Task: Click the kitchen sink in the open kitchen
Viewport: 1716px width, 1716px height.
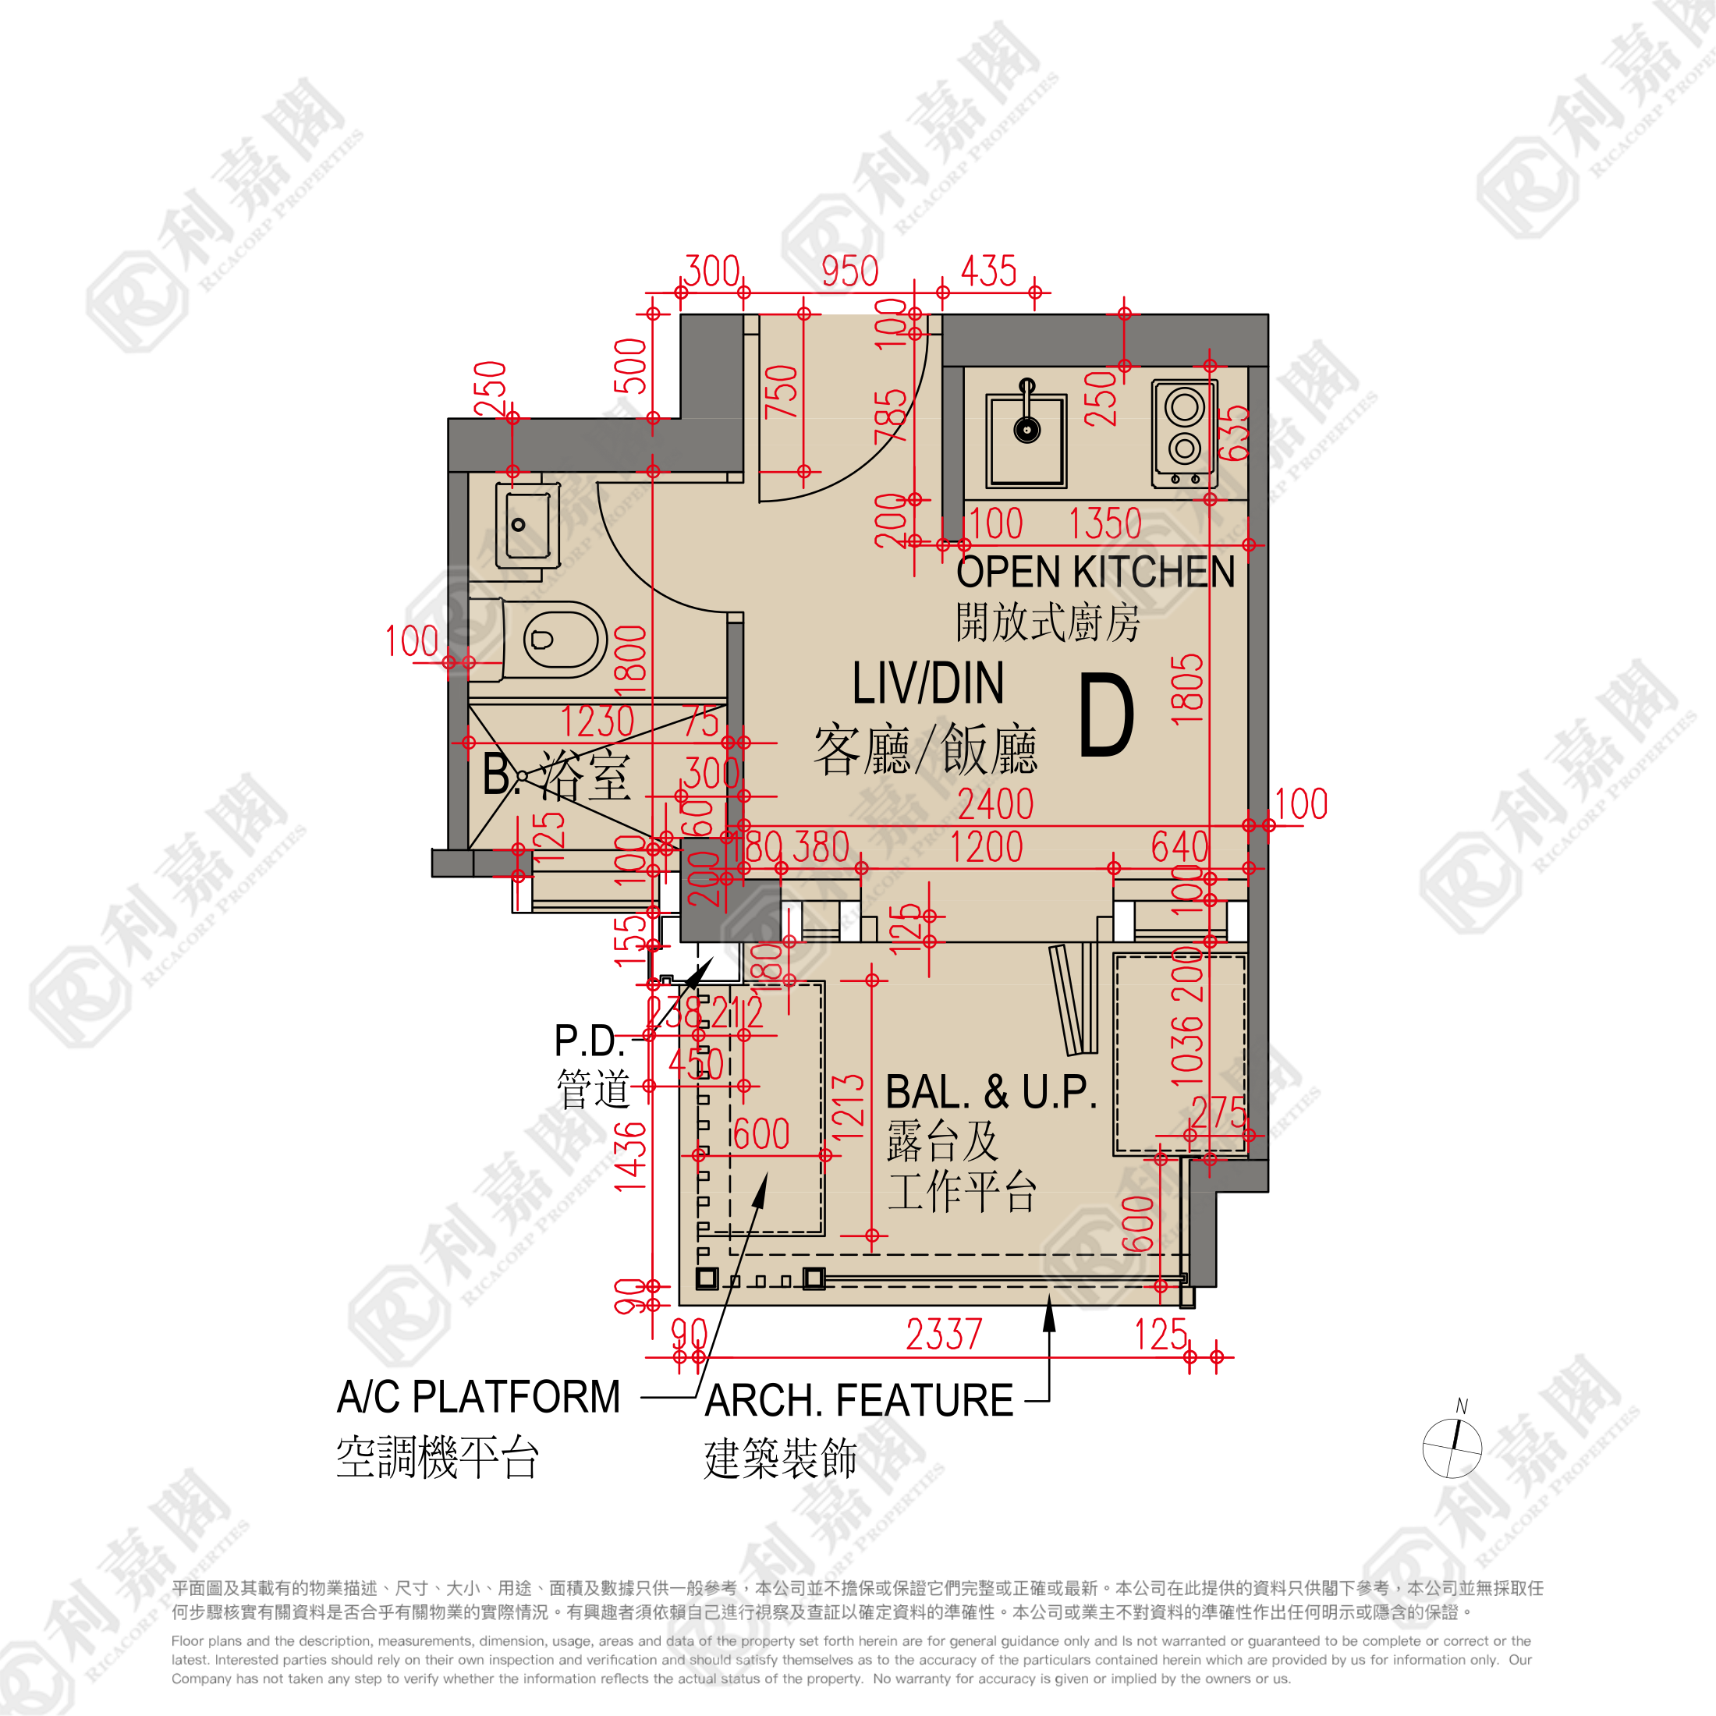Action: point(1026,441)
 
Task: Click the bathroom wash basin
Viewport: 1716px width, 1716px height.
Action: point(526,526)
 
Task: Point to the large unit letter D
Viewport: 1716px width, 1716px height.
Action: point(1107,716)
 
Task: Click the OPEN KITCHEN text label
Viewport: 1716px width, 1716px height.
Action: point(1095,572)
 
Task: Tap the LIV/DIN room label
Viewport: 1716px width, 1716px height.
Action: point(927,683)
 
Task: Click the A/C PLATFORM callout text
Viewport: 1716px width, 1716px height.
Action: point(479,1397)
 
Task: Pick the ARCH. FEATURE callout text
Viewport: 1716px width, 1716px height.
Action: point(858,1401)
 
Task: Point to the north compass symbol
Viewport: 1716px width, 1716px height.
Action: point(1452,1448)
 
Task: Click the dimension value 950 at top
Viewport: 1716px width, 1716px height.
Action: point(849,271)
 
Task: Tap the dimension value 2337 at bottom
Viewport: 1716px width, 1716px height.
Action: point(943,1335)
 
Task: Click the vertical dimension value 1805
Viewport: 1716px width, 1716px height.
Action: point(1187,690)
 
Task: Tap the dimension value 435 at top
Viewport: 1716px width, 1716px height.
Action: point(987,271)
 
